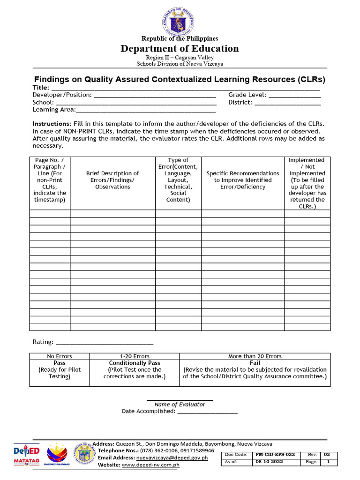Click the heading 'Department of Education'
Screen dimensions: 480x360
180,49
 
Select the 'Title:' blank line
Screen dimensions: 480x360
185,88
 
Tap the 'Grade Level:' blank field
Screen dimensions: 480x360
294,95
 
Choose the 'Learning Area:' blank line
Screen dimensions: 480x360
146,110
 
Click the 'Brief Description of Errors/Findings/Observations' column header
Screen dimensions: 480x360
112,180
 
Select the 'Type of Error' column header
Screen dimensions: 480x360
178,180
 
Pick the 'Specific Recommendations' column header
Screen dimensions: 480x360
243,180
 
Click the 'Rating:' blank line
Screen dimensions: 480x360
105,343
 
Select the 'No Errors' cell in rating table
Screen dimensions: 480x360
60,356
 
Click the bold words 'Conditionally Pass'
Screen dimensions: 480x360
135,363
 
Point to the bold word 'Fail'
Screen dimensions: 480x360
255,363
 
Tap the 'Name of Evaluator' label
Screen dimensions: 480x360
180,405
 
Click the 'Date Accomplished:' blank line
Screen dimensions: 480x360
208,412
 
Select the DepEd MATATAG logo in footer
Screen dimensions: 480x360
26,454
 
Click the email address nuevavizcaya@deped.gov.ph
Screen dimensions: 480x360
172,457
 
